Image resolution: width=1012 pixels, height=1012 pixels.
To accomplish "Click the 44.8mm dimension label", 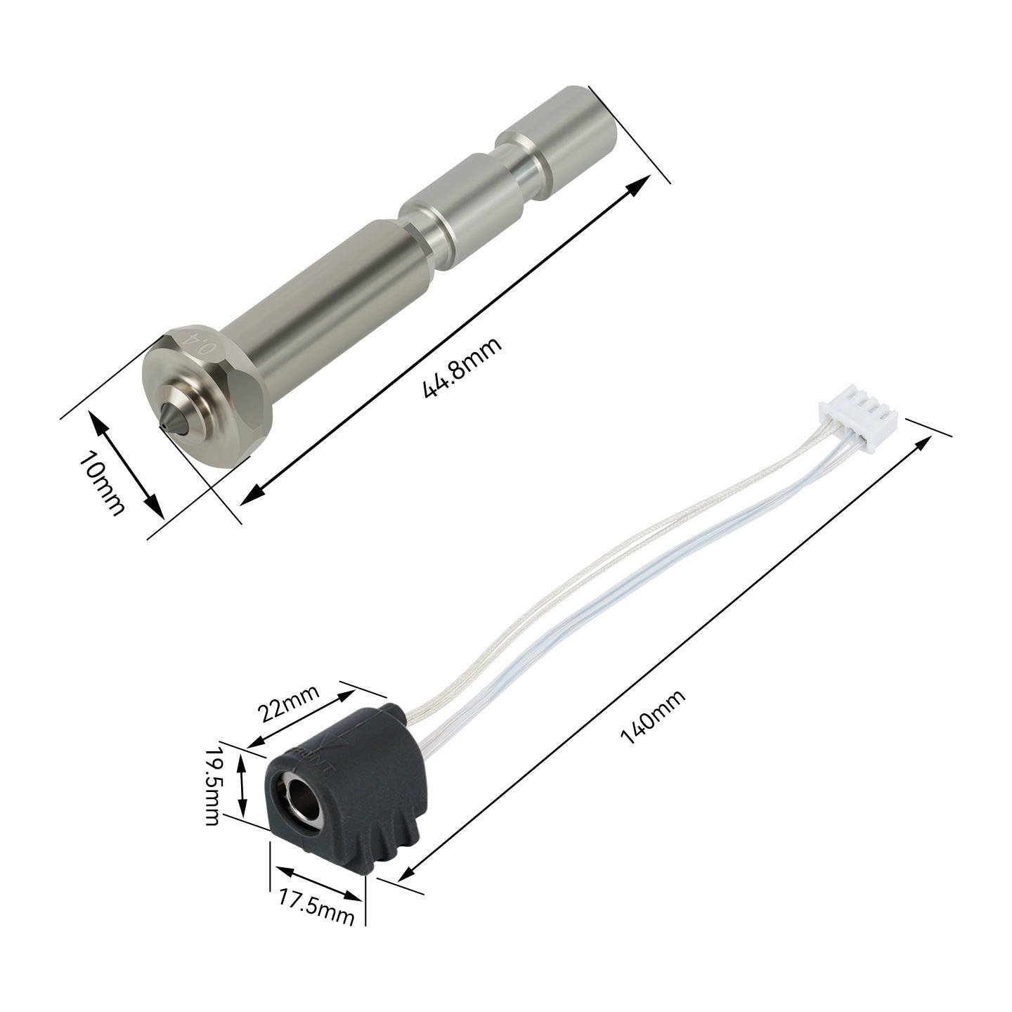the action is [x=462, y=367].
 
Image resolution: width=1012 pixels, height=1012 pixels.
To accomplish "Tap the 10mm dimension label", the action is [x=102, y=483].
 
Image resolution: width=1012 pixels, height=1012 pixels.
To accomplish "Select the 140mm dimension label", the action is [x=653, y=717].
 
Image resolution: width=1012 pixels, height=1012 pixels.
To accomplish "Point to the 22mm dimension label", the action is [x=288, y=702].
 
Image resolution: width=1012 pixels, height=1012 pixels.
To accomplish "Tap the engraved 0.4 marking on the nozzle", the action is [x=201, y=345].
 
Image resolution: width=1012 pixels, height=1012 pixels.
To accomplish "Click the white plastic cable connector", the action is [x=857, y=420].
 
